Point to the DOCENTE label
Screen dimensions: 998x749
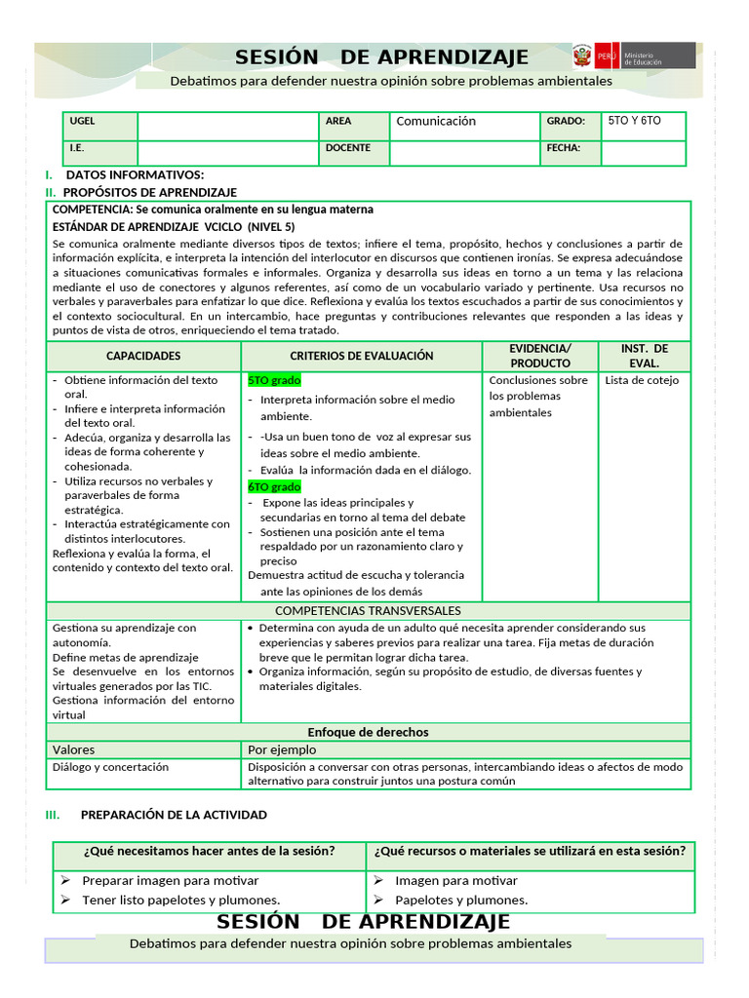[347, 148]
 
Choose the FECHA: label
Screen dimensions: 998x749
[565, 148]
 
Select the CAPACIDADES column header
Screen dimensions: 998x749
[143, 357]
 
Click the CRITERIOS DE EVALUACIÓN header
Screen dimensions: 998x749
[362, 357]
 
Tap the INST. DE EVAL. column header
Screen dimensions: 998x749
[645, 356]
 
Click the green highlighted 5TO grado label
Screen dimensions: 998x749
[274, 380]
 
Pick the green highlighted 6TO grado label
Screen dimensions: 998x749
[274, 486]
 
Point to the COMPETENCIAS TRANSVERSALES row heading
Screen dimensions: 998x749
[368, 611]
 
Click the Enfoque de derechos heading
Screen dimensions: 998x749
[368, 732]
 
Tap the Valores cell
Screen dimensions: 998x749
[73, 749]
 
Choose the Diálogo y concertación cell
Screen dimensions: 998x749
[110, 767]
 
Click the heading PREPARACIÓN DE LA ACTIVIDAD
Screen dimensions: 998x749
[174, 815]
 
